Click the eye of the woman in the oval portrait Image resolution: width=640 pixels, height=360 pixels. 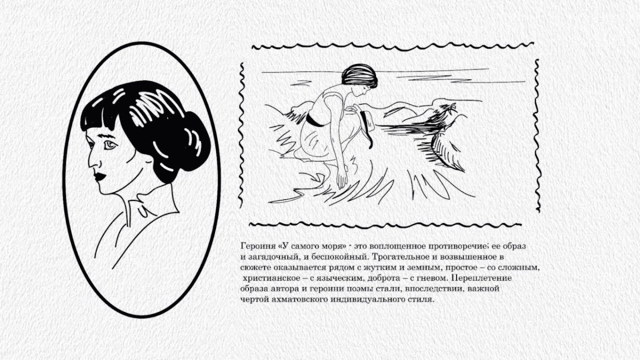[110, 145]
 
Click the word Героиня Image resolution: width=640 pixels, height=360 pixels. [255, 247]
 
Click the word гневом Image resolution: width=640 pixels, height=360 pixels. [431, 278]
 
